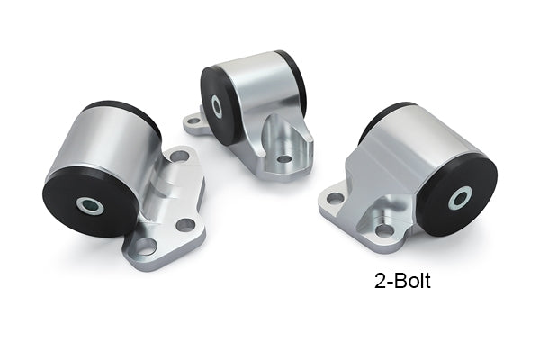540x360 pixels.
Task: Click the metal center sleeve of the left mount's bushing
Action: [x=90, y=205]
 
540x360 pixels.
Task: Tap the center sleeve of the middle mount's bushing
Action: [x=217, y=106]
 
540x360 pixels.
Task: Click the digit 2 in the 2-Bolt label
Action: [x=380, y=281]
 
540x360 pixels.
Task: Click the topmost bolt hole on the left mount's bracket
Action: [x=179, y=157]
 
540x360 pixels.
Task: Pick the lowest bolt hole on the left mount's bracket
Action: [x=146, y=247]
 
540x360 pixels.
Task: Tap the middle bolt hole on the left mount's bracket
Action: [x=185, y=225]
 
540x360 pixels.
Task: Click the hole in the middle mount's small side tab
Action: [x=193, y=121]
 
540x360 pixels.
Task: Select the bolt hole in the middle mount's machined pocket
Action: [x=284, y=159]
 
